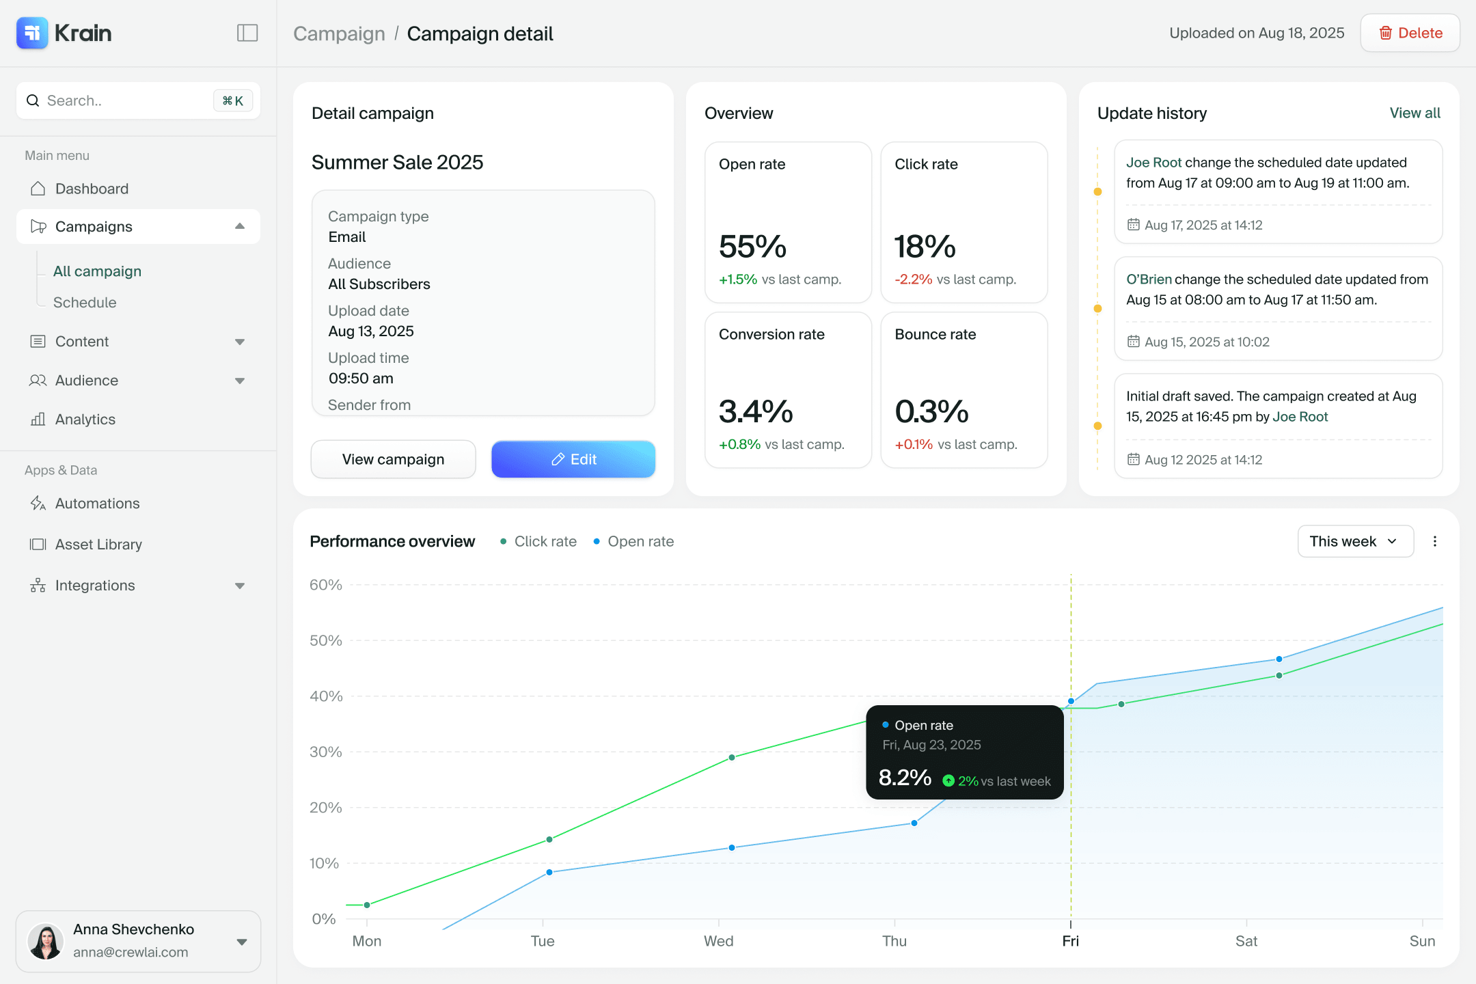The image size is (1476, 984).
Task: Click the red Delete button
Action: click(1410, 33)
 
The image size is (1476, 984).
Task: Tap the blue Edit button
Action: click(573, 459)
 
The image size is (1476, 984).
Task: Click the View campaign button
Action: click(393, 459)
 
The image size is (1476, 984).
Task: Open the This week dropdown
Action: click(1355, 541)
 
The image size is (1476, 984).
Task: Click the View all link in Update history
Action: click(1414, 113)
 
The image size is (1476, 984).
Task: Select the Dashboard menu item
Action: click(92, 189)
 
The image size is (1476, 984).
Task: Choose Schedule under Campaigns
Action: click(85, 302)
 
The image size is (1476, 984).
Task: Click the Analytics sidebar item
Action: click(85, 420)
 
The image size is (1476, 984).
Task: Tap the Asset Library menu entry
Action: click(98, 545)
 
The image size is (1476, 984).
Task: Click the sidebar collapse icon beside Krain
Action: click(247, 33)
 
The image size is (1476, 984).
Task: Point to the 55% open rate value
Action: click(752, 246)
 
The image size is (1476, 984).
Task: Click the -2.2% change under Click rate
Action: click(914, 279)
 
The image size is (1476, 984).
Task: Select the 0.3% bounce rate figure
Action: click(931, 411)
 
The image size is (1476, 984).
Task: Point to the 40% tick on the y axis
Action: click(326, 696)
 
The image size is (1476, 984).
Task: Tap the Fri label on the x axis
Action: click(1071, 941)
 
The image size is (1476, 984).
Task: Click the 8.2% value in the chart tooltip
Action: click(905, 778)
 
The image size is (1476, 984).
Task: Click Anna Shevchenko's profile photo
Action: click(46, 942)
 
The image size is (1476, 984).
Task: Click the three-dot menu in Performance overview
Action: click(1435, 541)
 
